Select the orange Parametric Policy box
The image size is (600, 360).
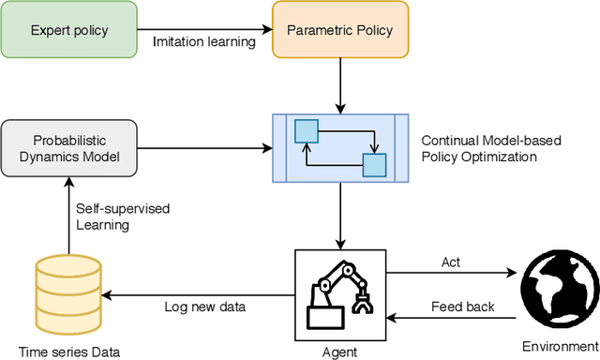(x=340, y=31)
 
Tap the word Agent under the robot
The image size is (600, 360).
(x=340, y=352)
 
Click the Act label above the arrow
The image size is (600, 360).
(x=451, y=263)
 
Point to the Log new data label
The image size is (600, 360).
(x=200, y=307)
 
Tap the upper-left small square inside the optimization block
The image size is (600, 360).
(x=306, y=128)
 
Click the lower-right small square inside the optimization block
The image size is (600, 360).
(x=374, y=166)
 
